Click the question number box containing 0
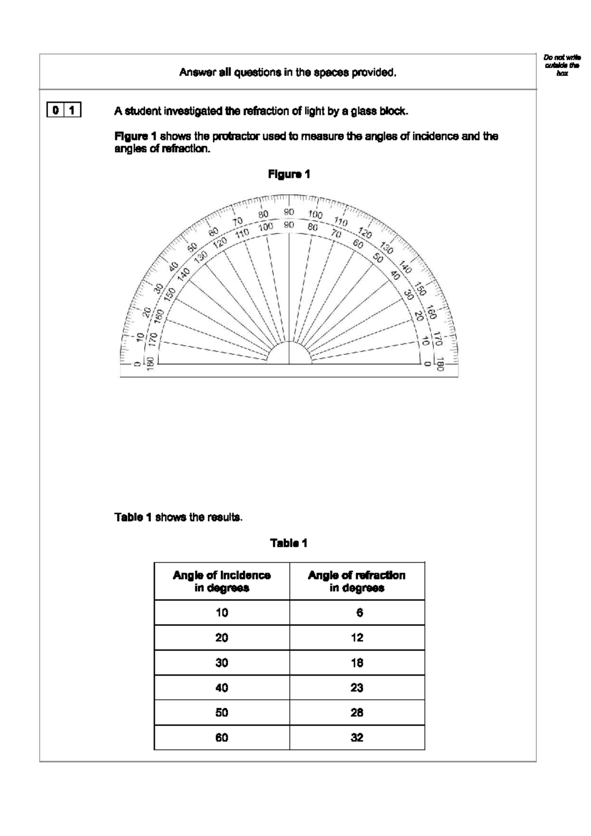pyautogui.click(x=56, y=110)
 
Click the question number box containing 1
pyautogui.click(x=72, y=110)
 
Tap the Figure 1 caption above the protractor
pyautogui.click(x=289, y=174)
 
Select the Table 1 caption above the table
pyautogui.click(x=289, y=543)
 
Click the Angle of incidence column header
pyautogui.click(x=222, y=581)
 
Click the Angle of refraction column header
pyautogui.click(x=357, y=581)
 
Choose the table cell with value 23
pyautogui.click(x=357, y=688)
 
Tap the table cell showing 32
pyautogui.click(x=357, y=737)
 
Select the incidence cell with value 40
pyautogui.click(x=222, y=688)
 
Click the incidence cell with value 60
pyautogui.click(x=222, y=737)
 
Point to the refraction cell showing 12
pyautogui.click(x=357, y=638)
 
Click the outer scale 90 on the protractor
pyautogui.click(x=289, y=212)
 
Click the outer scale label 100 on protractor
pyautogui.click(x=315, y=214)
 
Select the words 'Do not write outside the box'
pyautogui.click(x=562, y=65)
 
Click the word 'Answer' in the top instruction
pyautogui.click(x=195, y=72)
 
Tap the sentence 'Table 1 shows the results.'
pyautogui.click(x=178, y=518)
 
